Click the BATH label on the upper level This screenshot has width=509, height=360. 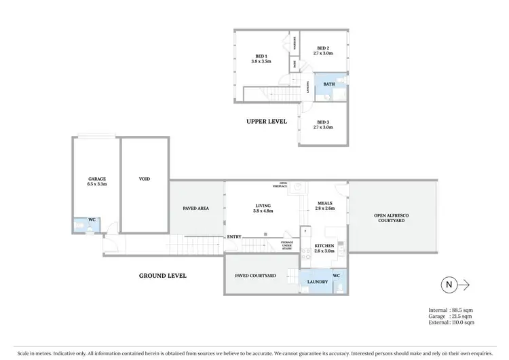(328, 84)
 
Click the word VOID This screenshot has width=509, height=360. (144, 179)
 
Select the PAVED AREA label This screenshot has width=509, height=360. (195, 209)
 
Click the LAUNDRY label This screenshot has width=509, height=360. (317, 282)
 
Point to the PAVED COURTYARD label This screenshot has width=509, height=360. (255, 276)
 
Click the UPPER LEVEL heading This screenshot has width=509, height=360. (266, 122)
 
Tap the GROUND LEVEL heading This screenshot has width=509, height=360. (162, 276)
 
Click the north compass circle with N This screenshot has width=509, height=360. (447, 285)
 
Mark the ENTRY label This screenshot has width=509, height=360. (234, 236)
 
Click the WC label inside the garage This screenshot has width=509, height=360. (92, 219)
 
